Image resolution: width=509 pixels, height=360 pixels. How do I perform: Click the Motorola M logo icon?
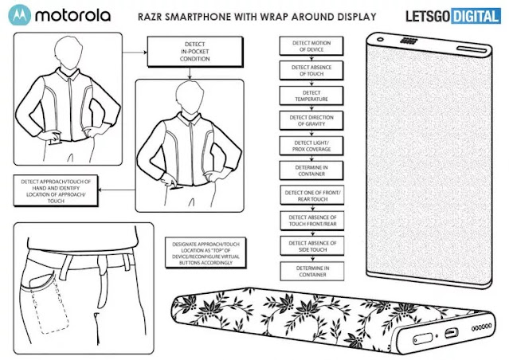[x=19, y=14]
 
